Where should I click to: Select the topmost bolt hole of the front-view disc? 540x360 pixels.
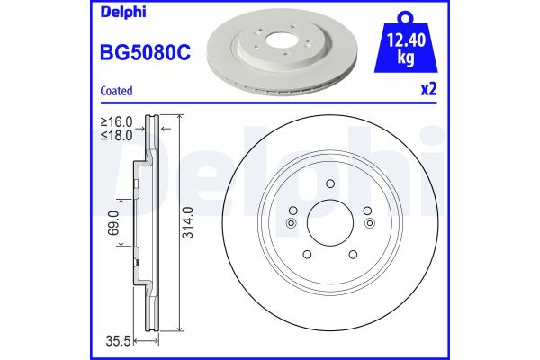[330, 185]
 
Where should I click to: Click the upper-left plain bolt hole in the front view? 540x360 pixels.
[296, 211]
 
